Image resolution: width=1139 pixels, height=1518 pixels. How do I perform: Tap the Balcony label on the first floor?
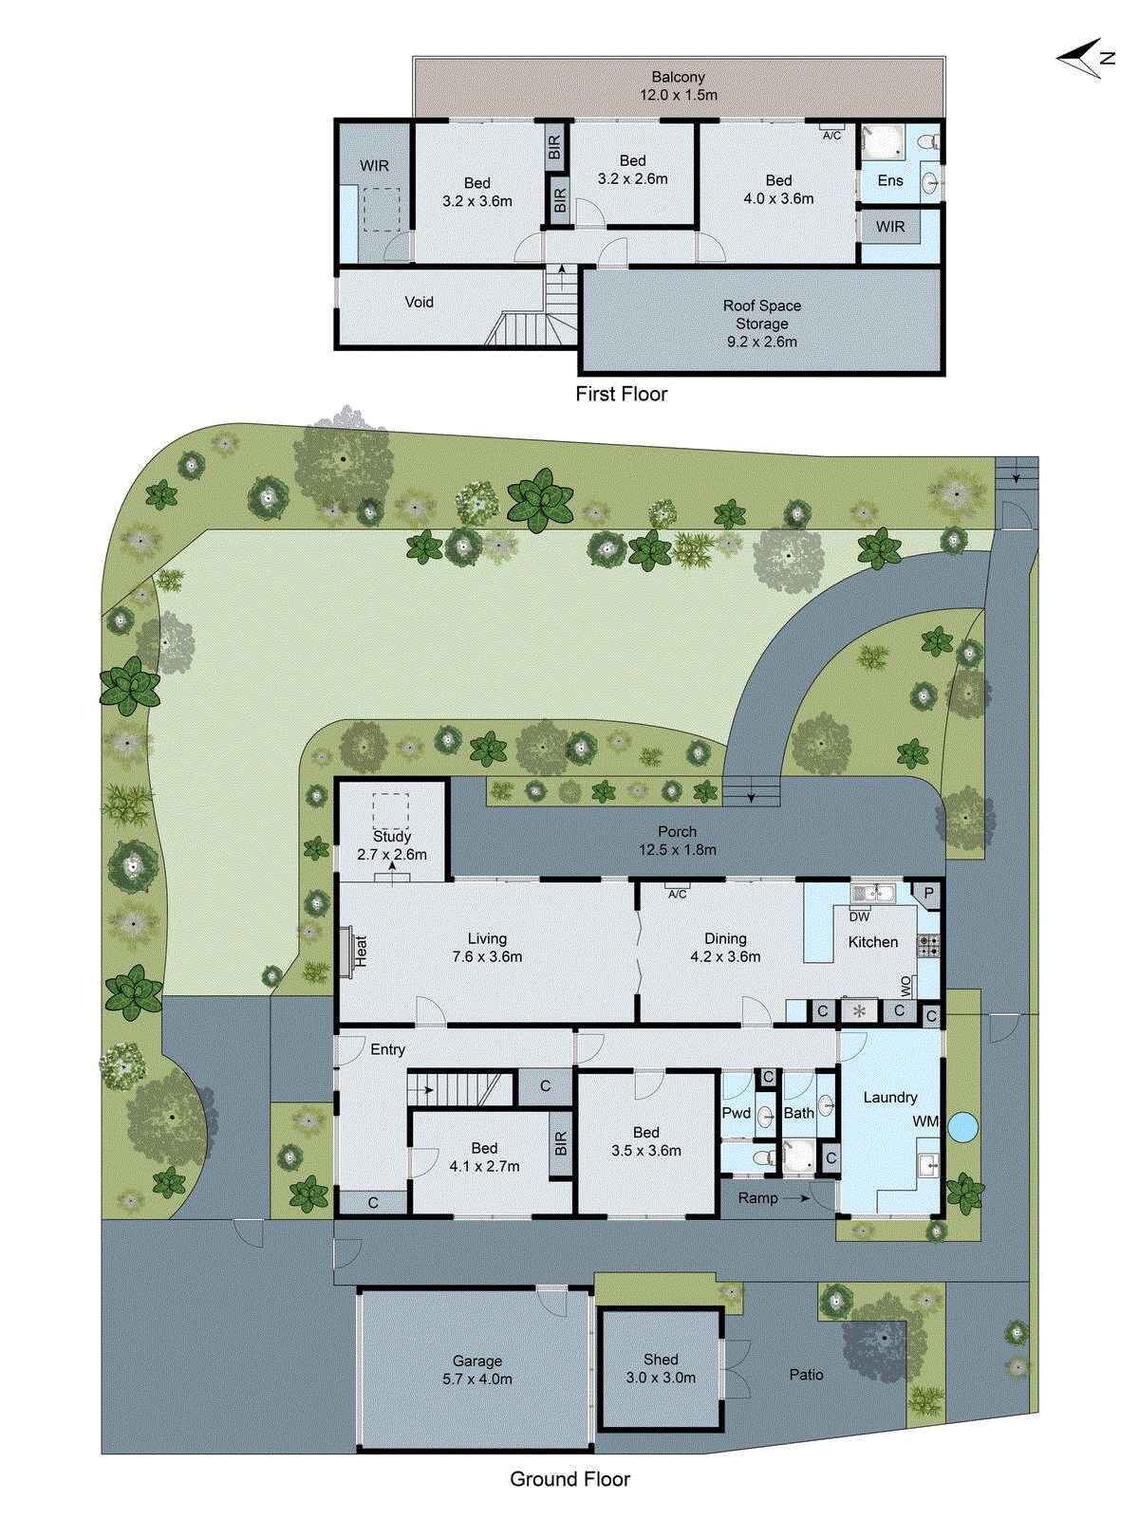point(678,77)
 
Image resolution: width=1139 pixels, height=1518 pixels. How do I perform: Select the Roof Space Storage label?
point(761,324)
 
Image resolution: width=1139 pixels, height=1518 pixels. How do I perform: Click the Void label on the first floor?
point(419,302)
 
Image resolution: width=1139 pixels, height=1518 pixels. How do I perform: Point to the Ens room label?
point(889,180)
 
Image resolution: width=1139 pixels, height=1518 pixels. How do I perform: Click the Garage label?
point(476,1361)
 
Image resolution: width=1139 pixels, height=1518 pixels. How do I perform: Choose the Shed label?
point(661,1360)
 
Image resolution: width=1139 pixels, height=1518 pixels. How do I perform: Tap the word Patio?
point(806,1374)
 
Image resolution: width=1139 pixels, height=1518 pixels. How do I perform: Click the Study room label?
point(392,837)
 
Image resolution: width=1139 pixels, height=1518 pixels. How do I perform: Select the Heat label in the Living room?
point(361,951)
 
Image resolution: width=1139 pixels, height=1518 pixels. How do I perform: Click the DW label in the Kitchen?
point(859,916)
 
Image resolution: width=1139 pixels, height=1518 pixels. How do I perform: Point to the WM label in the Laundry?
point(925,1121)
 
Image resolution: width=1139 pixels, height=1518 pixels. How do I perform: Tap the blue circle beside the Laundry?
point(962,1127)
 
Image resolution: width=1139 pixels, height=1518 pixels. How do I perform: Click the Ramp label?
point(757,1198)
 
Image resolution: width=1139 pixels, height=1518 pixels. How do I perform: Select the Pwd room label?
point(736,1113)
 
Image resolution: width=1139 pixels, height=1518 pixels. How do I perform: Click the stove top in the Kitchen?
point(927,945)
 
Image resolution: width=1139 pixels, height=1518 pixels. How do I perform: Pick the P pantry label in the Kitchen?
point(928,893)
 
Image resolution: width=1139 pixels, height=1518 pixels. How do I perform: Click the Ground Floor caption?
point(569,1479)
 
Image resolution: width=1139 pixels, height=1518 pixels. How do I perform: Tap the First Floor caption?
point(621,394)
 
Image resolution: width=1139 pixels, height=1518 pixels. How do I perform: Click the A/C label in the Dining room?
point(677,894)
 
